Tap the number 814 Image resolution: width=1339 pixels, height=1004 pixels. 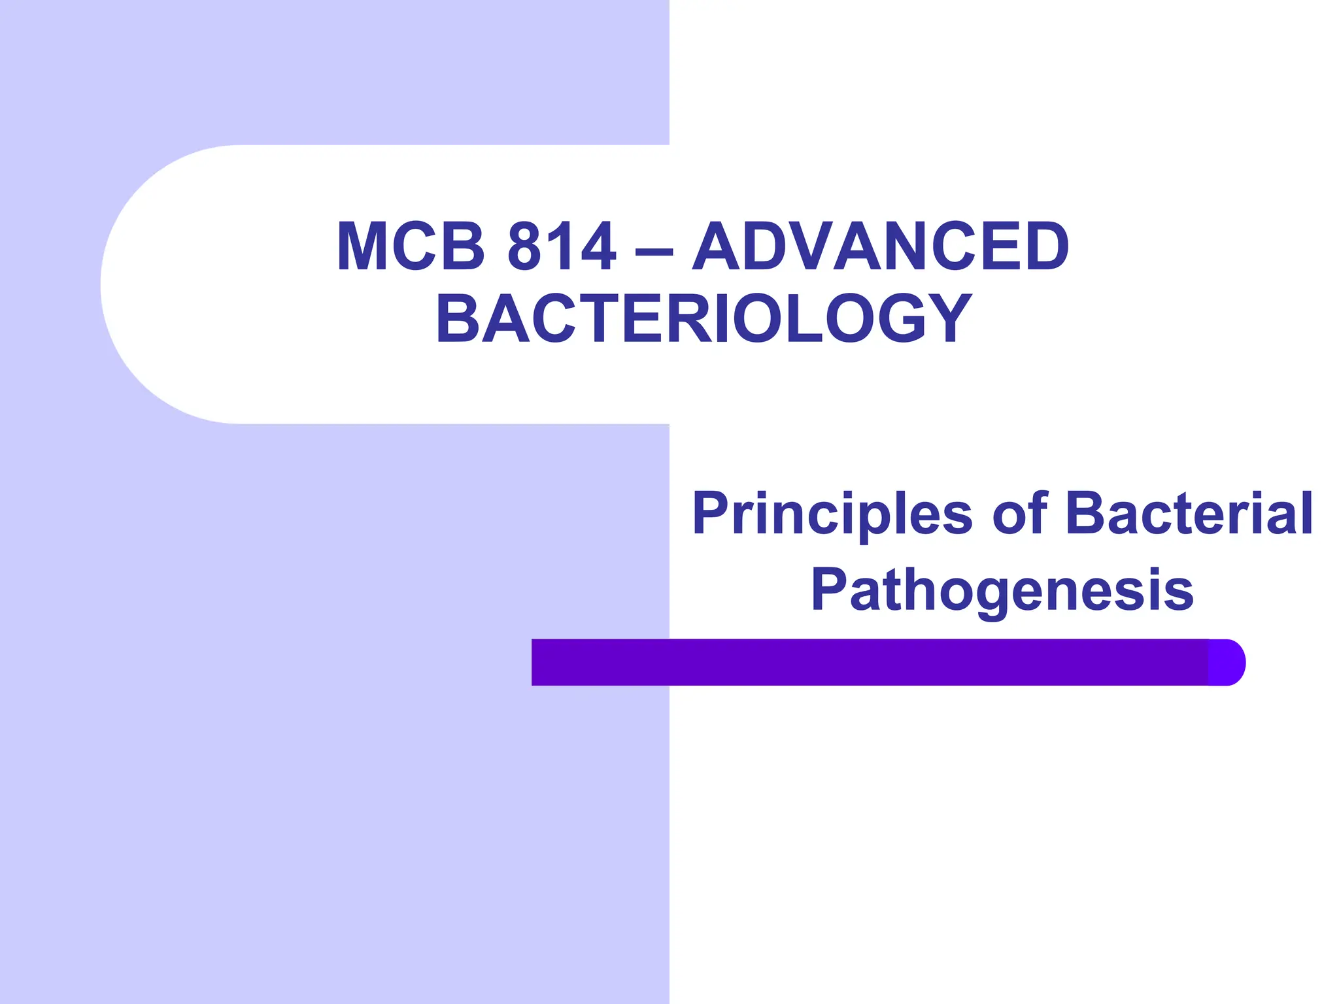coord(561,246)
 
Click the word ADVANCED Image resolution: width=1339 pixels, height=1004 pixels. coord(880,246)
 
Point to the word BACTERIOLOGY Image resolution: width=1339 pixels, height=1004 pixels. coord(703,318)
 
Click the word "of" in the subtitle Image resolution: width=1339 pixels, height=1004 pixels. coord(1020,514)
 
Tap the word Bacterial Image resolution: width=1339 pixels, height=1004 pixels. coord(1189,514)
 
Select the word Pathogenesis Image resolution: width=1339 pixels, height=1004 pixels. coord(1002,590)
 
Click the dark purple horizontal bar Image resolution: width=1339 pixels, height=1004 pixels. coord(870,662)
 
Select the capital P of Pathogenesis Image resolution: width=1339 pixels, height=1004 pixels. coord(829,590)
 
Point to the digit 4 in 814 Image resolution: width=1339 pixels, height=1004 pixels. coord(597,246)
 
